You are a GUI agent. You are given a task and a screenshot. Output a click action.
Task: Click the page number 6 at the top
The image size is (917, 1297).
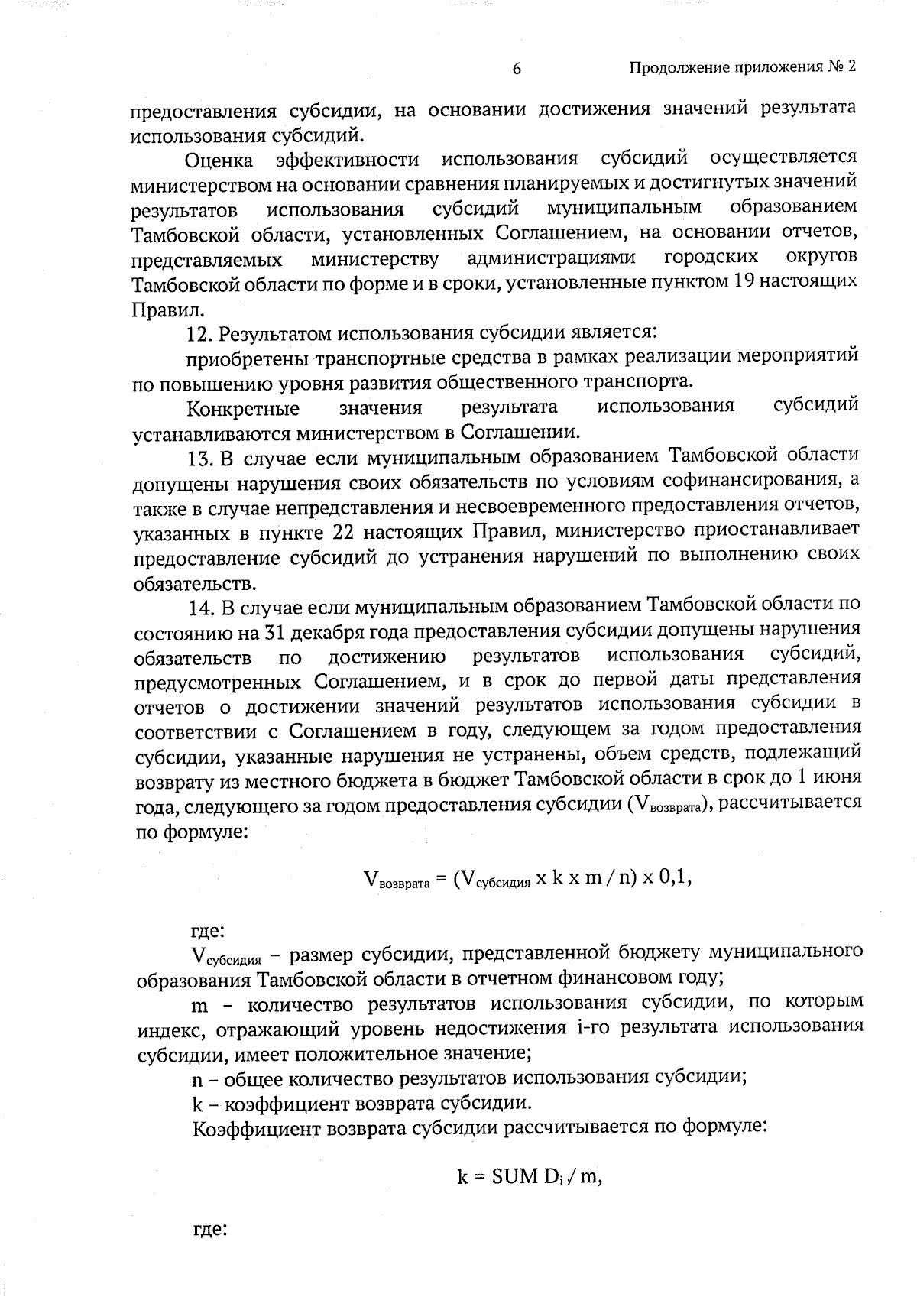click(x=517, y=69)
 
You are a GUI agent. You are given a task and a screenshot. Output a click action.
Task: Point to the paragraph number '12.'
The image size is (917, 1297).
click(x=201, y=334)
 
